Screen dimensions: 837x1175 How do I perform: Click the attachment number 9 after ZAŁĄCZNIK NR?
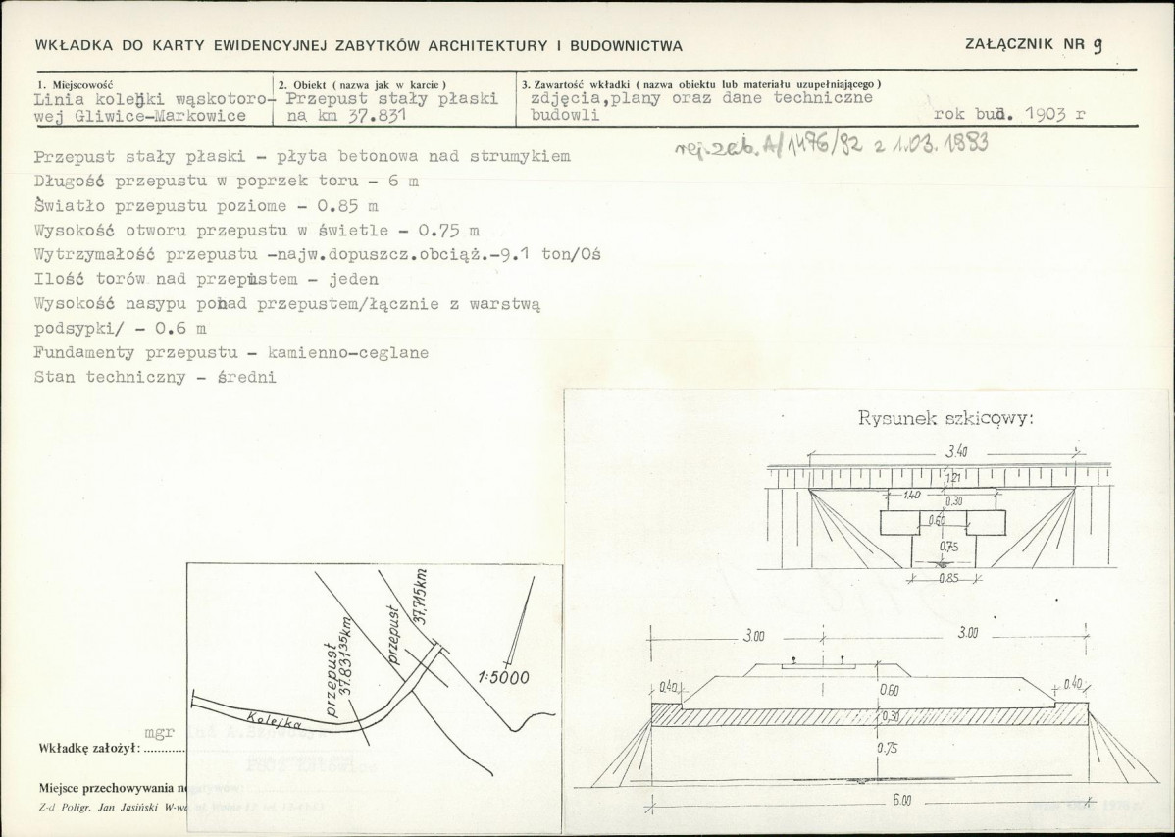(x=1098, y=44)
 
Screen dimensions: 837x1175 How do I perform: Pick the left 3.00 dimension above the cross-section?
(x=753, y=636)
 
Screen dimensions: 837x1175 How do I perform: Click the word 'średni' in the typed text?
(x=245, y=377)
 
